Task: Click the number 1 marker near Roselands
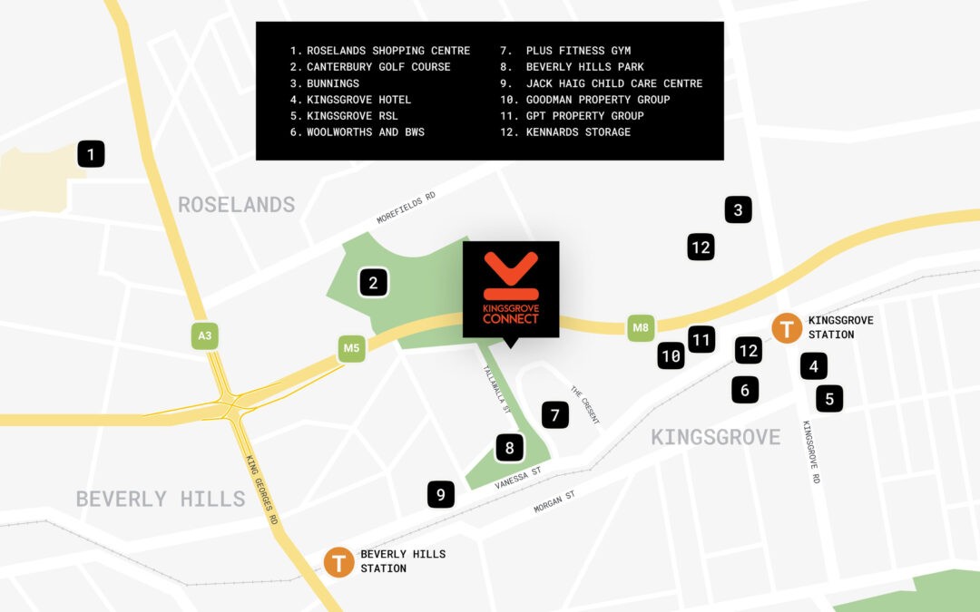[91, 154]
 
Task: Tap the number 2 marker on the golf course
[373, 283]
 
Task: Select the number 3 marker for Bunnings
[738, 210]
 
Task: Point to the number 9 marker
[441, 494]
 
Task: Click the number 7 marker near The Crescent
[554, 415]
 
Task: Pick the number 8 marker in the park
[510, 447]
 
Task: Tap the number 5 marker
[828, 398]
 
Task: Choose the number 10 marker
[671, 356]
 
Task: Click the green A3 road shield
[205, 336]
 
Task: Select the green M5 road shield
[351, 348]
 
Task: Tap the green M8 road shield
[641, 327]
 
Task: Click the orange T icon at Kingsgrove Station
[786, 328]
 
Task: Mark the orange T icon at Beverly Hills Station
[339, 562]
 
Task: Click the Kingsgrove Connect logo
[511, 289]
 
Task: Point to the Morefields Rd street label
[406, 208]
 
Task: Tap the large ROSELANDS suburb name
[236, 204]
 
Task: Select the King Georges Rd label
[261, 490]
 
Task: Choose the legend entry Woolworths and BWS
[358, 132]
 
